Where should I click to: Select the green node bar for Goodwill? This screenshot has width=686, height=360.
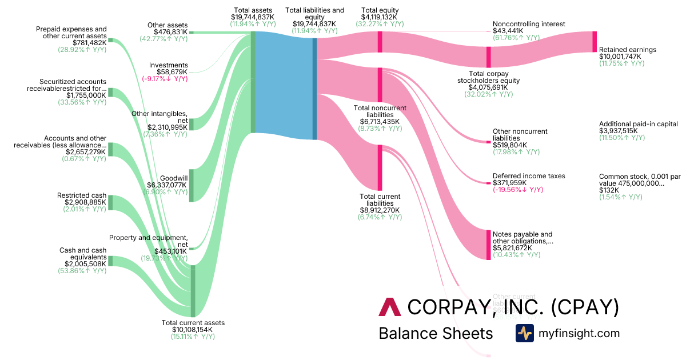point(192,185)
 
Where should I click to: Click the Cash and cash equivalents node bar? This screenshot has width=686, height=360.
point(110,261)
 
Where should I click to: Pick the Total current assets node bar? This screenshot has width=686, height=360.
point(193,291)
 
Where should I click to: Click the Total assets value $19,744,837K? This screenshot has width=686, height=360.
point(253,18)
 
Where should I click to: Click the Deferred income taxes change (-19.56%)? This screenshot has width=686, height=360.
point(517,190)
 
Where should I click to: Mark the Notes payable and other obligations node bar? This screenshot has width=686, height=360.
point(488,245)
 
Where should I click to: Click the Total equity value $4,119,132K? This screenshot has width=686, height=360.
point(380,17)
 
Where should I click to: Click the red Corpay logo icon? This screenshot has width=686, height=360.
point(390,307)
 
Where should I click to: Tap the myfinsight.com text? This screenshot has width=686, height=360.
point(579,333)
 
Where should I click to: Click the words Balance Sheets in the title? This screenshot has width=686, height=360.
point(436,333)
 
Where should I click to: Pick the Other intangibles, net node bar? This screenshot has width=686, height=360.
point(192,124)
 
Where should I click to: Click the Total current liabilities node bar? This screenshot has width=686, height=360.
point(380,167)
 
